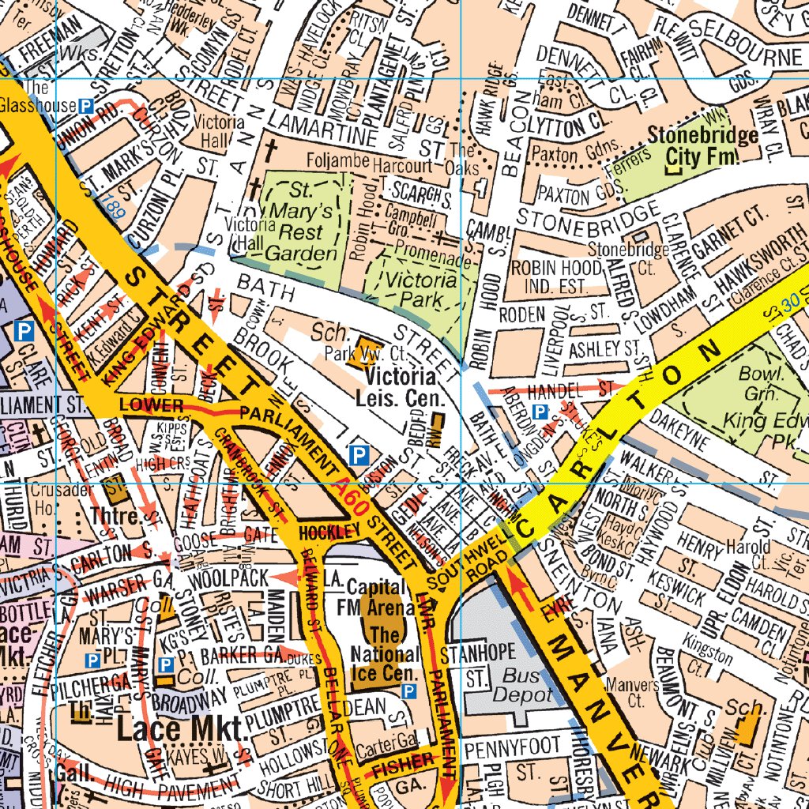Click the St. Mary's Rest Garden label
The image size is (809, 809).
click(x=299, y=220)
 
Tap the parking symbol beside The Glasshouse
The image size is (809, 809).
click(x=86, y=105)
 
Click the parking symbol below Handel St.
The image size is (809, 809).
click(x=540, y=412)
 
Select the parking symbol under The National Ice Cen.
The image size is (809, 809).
click(x=409, y=692)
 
